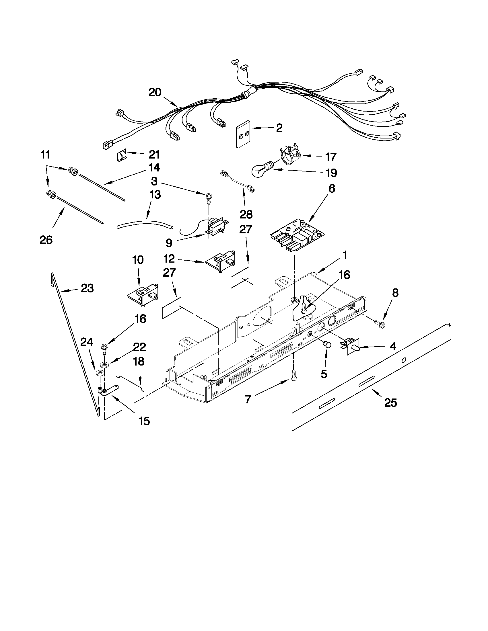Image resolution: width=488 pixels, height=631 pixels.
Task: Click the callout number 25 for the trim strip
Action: [x=390, y=403]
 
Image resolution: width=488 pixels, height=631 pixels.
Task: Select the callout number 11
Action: [x=45, y=155]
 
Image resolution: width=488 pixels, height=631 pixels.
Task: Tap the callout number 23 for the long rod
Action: [x=87, y=288]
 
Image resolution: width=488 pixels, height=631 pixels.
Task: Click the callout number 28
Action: [x=246, y=214]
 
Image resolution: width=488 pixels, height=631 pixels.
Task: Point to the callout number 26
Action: [x=46, y=240]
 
